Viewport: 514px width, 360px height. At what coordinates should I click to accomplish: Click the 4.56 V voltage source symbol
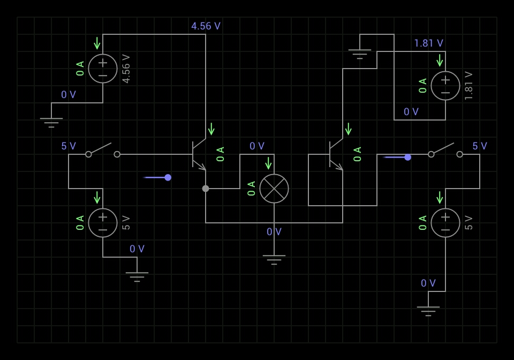tap(103, 69)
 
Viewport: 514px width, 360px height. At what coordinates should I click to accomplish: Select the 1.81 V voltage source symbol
tap(445, 86)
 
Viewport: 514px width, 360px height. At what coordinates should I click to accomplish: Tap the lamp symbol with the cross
tap(274, 189)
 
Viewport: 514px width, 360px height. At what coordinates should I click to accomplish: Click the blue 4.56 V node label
tap(206, 26)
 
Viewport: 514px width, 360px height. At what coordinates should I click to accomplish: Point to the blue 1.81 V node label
tap(428, 43)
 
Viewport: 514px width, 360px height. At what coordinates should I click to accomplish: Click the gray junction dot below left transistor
tap(206, 189)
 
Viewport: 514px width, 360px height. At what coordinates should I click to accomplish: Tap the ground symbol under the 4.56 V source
tap(51, 123)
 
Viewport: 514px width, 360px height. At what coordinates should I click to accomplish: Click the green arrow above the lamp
tap(268, 163)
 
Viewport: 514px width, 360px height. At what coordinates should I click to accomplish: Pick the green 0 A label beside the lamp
tap(252, 189)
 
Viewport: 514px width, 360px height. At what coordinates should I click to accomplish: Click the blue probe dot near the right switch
tap(408, 157)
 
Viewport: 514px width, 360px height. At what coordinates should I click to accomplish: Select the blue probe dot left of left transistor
tap(168, 177)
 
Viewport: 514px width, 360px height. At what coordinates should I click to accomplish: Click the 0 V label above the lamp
tap(257, 146)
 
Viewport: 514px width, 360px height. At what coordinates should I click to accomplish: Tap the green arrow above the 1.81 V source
tap(440, 61)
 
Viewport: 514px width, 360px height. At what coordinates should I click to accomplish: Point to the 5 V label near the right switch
tap(480, 146)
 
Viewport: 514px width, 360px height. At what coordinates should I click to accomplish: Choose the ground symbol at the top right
tap(360, 54)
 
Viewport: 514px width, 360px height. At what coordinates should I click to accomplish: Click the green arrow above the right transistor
tap(348, 129)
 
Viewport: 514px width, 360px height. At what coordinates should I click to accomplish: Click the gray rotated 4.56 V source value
tap(126, 69)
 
